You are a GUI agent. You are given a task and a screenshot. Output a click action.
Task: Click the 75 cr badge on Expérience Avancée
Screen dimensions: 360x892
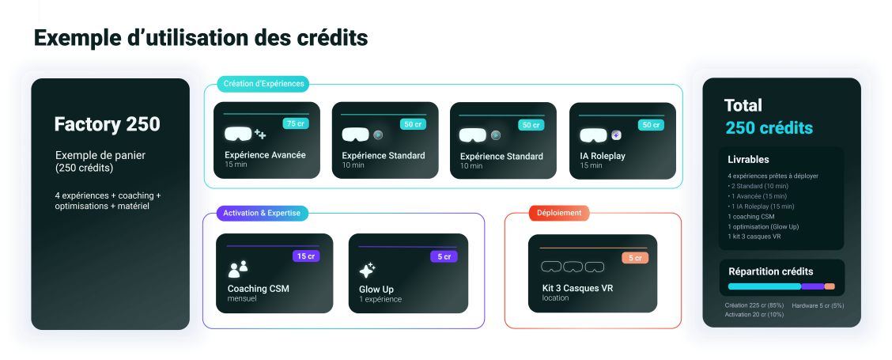pos(294,123)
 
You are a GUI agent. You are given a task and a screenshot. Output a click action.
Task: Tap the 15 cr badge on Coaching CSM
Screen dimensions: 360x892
pos(304,256)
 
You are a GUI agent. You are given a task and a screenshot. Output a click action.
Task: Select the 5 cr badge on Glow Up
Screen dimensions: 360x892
pos(444,256)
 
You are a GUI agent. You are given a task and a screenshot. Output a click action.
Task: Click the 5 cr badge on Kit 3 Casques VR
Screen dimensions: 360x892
pos(635,258)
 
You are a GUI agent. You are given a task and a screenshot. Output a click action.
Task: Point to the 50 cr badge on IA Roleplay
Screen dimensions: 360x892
pos(650,125)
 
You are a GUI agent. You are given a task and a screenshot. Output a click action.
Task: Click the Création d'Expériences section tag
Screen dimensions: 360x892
pos(263,84)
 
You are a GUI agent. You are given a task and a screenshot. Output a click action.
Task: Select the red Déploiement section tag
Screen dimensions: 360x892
pos(558,213)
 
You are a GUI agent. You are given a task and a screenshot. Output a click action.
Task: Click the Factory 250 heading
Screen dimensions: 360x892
pos(107,124)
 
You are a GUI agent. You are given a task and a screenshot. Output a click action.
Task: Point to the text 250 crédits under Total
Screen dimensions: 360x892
pos(769,128)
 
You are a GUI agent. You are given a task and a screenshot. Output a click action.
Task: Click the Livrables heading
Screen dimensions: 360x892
pos(748,160)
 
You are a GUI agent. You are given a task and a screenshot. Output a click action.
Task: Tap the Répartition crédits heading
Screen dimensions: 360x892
pos(770,271)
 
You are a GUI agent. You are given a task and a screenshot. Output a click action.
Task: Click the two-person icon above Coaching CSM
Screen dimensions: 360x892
pos(238,269)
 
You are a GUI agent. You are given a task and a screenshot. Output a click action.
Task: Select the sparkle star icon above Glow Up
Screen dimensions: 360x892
pos(368,269)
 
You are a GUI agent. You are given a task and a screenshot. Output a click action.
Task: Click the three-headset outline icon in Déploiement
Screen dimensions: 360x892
pos(573,267)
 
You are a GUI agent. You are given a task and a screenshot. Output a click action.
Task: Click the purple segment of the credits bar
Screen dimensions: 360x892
pos(812,286)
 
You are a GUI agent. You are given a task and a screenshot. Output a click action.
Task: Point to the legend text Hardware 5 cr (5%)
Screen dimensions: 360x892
pos(818,305)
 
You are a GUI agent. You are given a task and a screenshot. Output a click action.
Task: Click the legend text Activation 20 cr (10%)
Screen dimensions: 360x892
pos(754,314)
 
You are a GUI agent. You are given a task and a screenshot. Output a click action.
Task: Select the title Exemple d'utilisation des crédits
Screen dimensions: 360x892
pos(201,37)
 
